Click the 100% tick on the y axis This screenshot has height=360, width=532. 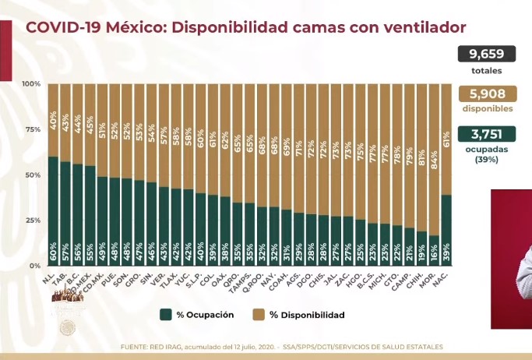[x=31, y=83]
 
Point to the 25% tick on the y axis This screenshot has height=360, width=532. [x=33, y=221]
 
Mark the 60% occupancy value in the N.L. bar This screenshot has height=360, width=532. [x=53, y=252]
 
